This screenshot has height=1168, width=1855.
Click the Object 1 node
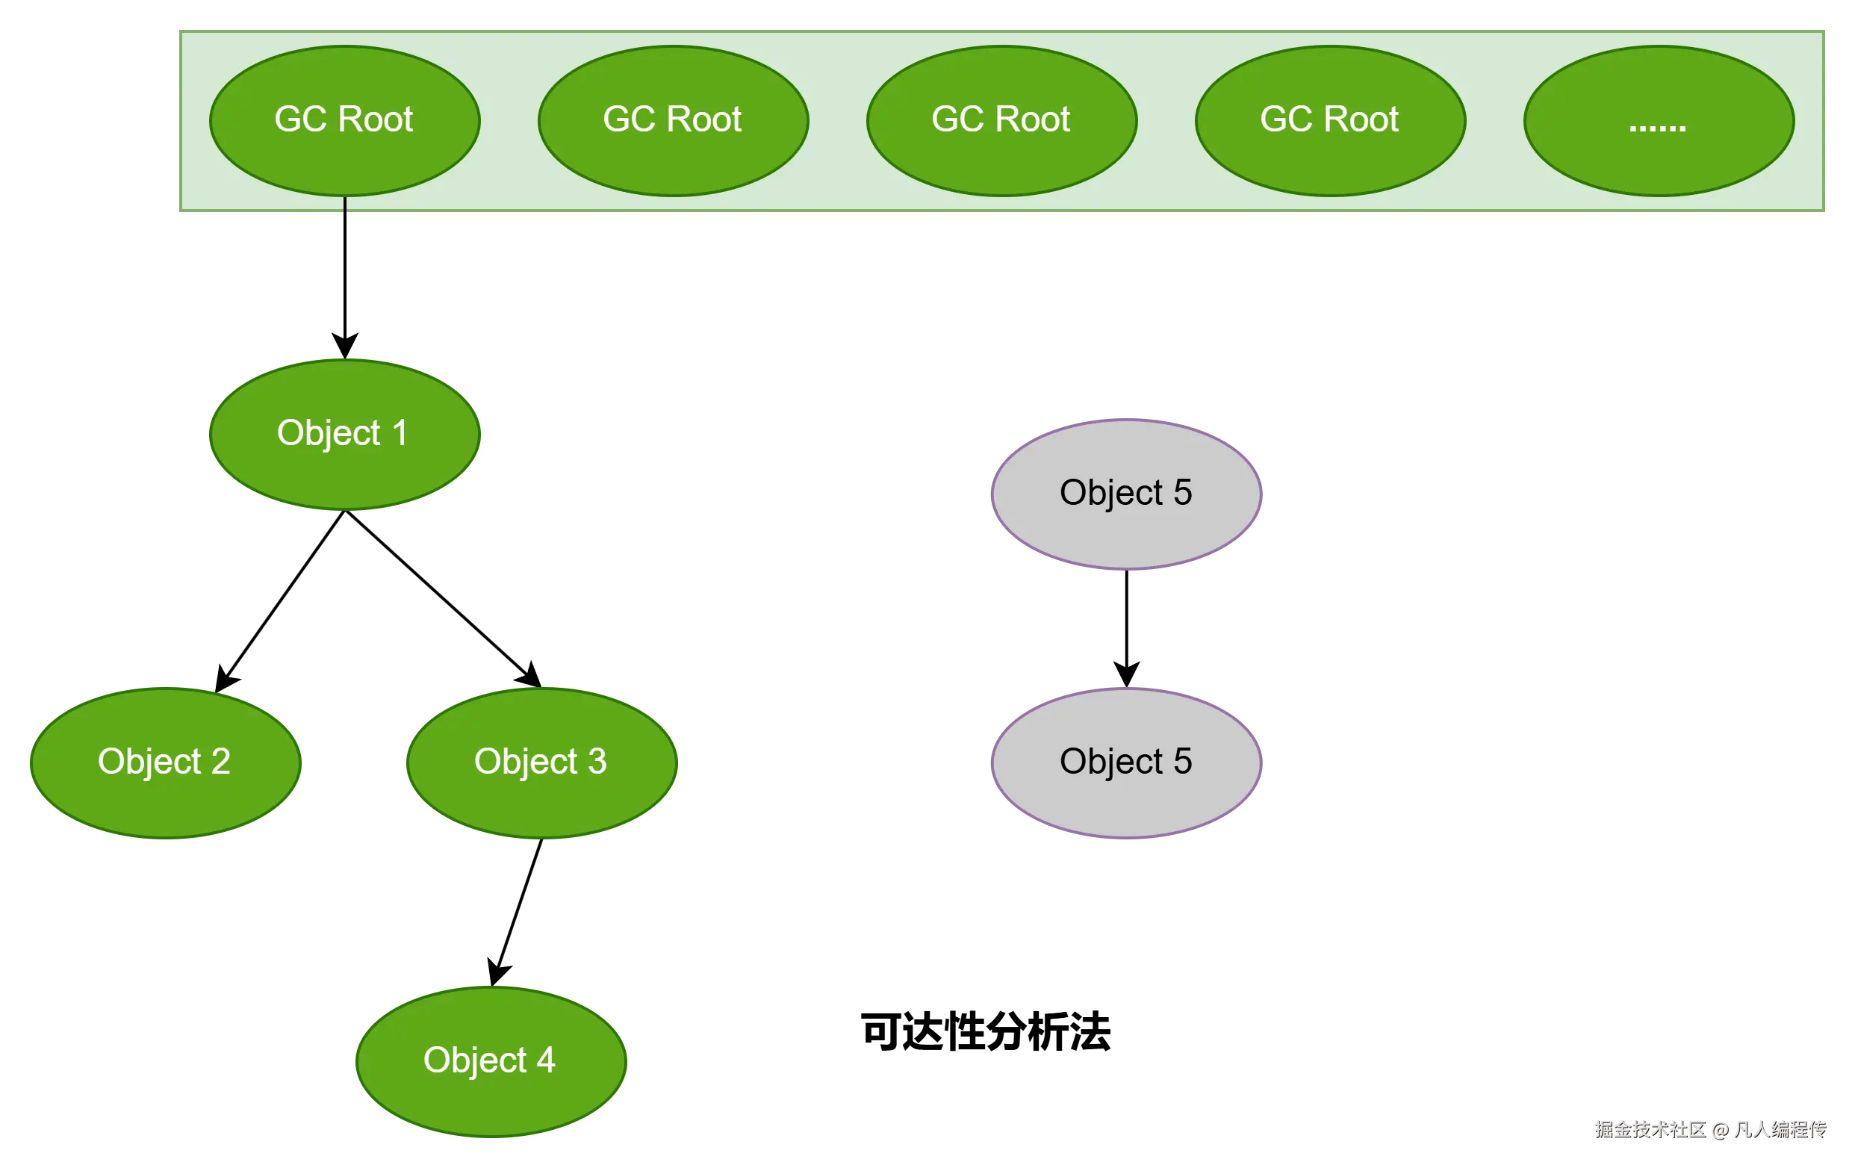pos(344,434)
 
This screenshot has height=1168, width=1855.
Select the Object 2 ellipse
pos(165,762)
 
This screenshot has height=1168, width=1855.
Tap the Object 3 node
pos(541,762)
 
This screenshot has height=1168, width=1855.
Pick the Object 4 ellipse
pos(490,1061)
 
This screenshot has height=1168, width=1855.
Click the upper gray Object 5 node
pos(1125,494)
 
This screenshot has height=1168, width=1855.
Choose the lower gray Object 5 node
pos(1125,762)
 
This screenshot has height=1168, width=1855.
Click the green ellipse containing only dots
pos(1659,121)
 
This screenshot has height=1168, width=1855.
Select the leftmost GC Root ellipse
pos(344,121)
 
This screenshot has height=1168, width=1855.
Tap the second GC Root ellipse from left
pos(673,121)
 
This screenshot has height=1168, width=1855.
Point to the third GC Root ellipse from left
pos(1001,121)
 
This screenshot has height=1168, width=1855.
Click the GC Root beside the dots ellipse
pos(1329,121)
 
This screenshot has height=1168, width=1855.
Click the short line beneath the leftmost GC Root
pos(344,205)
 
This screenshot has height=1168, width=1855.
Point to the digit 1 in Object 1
pos(400,432)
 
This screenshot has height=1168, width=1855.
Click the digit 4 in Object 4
pos(545,1060)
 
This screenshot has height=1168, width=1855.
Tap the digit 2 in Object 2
pos(220,761)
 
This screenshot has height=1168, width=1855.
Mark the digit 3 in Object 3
pos(597,761)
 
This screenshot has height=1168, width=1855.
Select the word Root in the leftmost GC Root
pos(375,119)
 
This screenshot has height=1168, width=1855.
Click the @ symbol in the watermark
pos(1718,1129)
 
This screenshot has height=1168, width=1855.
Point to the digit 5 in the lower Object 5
pos(1182,761)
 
